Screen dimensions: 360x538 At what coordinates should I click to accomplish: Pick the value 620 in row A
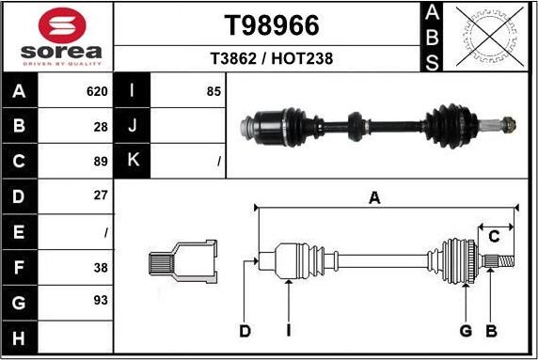click(x=96, y=91)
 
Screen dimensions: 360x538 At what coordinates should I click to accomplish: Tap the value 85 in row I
click(x=214, y=91)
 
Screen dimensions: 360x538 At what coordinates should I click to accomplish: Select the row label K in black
click(x=133, y=161)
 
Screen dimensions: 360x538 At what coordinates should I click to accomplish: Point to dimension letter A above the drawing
click(x=374, y=197)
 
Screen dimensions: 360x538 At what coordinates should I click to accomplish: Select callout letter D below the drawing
click(x=245, y=331)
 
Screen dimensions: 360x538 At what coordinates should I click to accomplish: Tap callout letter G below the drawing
click(x=465, y=331)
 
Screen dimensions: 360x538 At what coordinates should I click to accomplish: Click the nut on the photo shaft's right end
click(x=508, y=123)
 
